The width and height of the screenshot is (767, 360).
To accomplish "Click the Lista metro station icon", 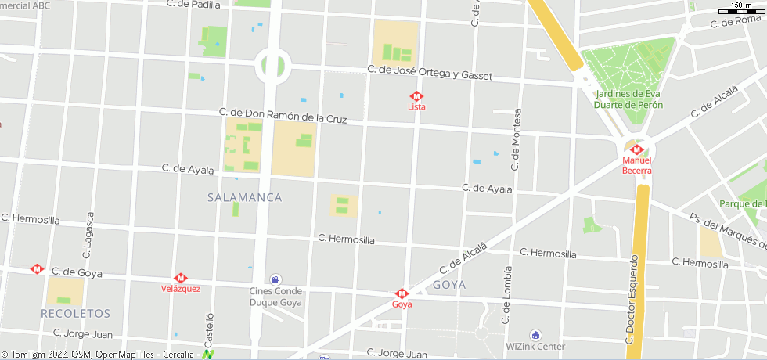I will pos(416,96).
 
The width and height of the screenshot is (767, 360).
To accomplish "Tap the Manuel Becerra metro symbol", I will pos(636,149).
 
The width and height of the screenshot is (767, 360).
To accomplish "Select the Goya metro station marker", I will pos(402,293).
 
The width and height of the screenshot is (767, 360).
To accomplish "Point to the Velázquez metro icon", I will pos(181,278).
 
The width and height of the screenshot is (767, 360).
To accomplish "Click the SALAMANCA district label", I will pos(245,198).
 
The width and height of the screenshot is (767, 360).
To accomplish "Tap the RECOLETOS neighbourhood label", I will pos(76,313).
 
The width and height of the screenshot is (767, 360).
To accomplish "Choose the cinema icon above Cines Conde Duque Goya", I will pos(275,279).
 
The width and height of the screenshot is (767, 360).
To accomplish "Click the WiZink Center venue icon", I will pos(535,334).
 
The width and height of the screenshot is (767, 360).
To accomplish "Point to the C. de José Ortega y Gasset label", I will pos(430,73).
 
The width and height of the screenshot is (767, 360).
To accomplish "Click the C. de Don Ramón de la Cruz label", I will pos(283,116).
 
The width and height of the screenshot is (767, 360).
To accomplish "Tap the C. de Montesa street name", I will pos(515,139).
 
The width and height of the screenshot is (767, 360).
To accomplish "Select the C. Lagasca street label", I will pos(88,235).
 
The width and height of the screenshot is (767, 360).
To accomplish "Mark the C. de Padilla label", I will pos(194,4).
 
